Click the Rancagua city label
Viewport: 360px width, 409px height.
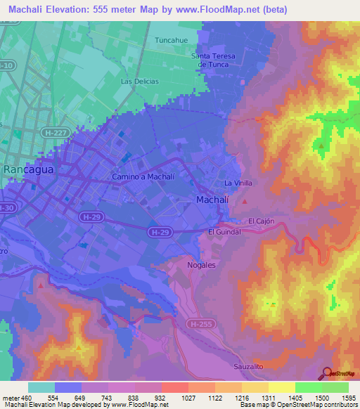[x=29, y=169]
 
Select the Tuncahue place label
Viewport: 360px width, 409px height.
[x=172, y=40]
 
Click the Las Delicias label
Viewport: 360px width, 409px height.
[x=140, y=82]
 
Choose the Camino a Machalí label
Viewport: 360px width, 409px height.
[x=143, y=177]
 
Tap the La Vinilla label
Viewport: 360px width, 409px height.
[x=238, y=183]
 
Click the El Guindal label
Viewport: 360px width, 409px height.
[x=225, y=231]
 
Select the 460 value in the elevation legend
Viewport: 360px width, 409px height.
[x=26, y=398]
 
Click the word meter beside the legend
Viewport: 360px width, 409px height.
[x=10, y=398]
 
